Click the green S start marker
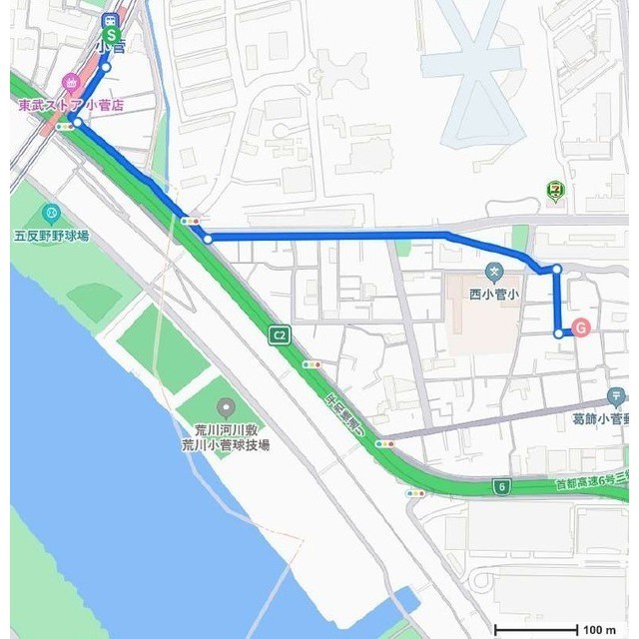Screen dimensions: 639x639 [x=112, y=37]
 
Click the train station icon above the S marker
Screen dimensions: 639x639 [x=111, y=20]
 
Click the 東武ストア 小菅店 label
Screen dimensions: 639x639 [x=72, y=104]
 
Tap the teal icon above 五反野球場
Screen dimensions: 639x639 [x=51, y=214]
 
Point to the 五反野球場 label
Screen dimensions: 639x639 [x=52, y=236]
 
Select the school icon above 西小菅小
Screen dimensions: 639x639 [x=493, y=272]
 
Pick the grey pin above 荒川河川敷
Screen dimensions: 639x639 [x=225, y=407]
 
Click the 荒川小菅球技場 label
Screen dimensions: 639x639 [x=225, y=445]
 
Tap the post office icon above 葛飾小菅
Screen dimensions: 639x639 [x=617, y=397]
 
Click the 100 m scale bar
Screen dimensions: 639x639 [x=536, y=629]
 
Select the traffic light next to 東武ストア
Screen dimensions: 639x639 [x=65, y=127]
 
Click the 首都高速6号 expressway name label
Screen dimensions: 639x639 [x=594, y=484]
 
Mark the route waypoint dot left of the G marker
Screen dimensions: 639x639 [x=557, y=332]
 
